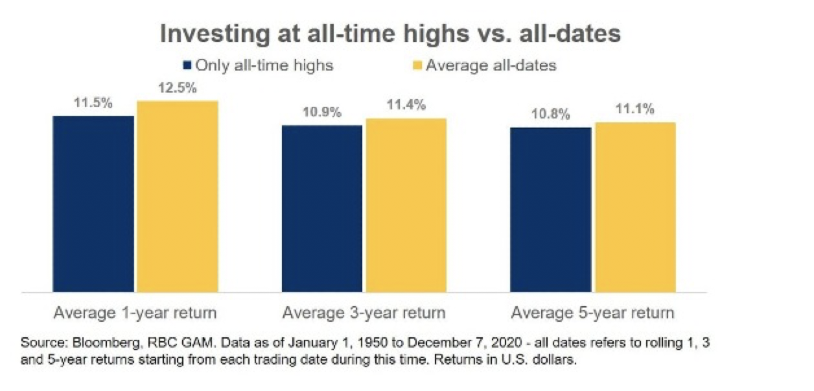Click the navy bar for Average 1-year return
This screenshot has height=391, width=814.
point(93,204)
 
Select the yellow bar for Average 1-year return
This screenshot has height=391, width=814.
point(178,196)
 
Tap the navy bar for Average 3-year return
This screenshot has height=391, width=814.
point(322,208)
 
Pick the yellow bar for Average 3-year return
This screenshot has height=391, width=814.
point(406,205)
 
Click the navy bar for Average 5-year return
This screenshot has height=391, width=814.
point(550,210)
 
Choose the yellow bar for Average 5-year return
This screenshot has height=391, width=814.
point(636,207)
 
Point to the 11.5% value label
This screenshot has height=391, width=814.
point(93,103)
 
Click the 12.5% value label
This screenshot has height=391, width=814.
point(178,88)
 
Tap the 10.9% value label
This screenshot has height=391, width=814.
point(322,112)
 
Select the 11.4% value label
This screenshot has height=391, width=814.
point(406,105)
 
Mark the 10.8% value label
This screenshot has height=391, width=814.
point(550,115)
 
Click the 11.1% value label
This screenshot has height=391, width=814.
point(635,109)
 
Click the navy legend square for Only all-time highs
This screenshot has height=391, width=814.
point(187,66)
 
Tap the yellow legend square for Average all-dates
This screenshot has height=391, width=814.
point(418,66)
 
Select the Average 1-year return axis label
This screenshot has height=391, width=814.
point(135,313)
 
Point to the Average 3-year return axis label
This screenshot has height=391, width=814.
point(364,313)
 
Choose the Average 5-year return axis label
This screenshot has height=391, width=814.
point(593,313)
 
